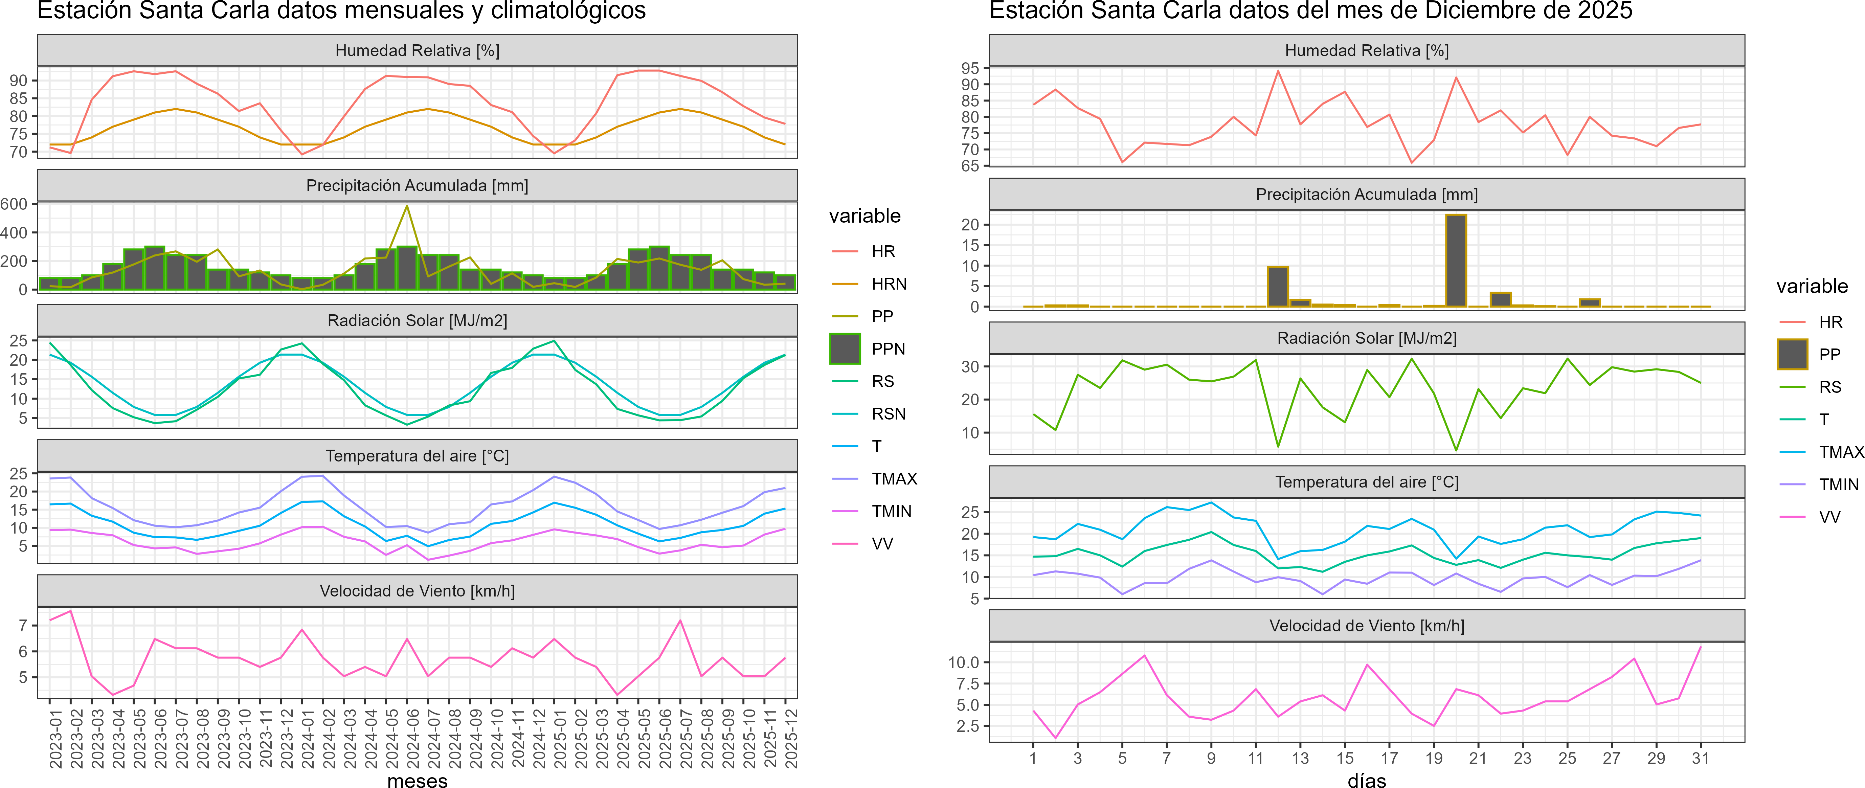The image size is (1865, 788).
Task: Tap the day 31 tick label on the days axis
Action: tap(1700, 758)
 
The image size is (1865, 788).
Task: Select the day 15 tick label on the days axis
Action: tap(1345, 758)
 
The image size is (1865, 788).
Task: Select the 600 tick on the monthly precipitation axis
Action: tap(15, 204)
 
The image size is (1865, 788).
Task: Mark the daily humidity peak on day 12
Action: tap(1278, 71)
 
